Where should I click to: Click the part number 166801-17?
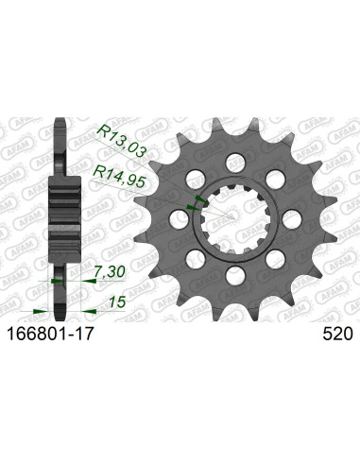(x=55, y=334)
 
